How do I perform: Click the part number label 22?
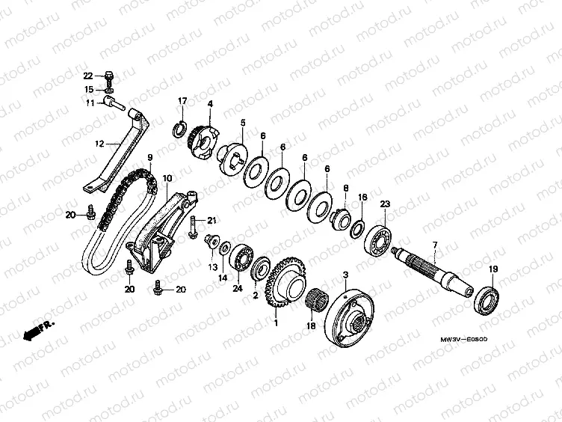pos(87,76)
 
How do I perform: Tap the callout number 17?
pos(182,101)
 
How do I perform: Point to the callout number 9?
pos(149,158)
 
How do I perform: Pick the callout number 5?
pos(243,122)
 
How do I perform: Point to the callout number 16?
pos(362,198)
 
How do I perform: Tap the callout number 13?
pos(212,267)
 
